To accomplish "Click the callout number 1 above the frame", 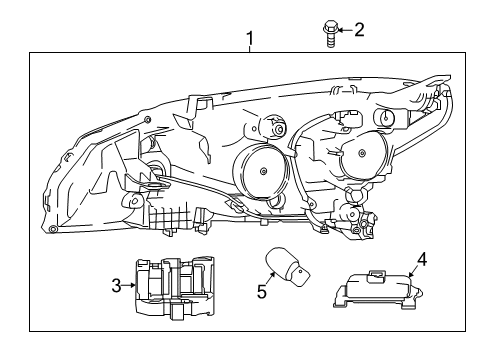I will (250, 39).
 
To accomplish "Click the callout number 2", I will (359, 30).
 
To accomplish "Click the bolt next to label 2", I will (330, 33).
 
